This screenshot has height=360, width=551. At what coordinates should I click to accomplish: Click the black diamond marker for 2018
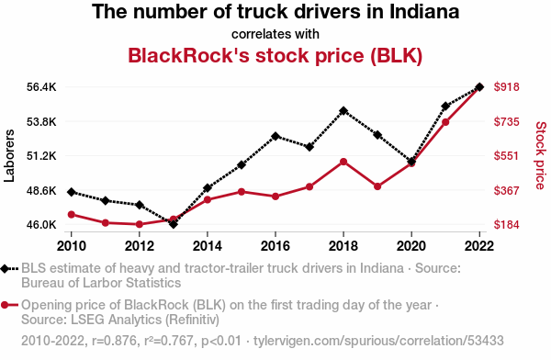tap(343, 111)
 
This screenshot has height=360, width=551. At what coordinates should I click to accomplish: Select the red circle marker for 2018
tap(343, 162)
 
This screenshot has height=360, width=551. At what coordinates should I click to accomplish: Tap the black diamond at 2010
tap(72, 192)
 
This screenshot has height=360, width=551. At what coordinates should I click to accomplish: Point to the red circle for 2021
tap(445, 122)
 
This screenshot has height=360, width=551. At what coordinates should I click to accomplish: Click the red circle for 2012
tap(140, 224)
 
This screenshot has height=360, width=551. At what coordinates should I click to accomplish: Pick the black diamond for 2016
tap(275, 136)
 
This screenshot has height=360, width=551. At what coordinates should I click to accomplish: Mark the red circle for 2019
tap(377, 186)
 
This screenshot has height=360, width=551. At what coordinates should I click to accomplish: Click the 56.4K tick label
tap(41, 87)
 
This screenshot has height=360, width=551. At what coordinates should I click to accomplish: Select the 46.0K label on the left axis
tap(41, 224)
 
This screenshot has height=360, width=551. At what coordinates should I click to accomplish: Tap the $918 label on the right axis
tap(506, 87)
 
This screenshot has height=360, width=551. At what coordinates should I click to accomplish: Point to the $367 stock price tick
tap(506, 190)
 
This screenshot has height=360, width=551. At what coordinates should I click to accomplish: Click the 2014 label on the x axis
tap(208, 246)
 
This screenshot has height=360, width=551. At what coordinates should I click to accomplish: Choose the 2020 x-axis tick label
tap(411, 246)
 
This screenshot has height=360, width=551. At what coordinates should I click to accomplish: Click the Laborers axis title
tap(9, 156)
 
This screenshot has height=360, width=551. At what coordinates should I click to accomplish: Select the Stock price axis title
tap(541, 155)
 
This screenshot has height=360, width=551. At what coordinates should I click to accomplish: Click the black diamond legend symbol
tap(5, 269)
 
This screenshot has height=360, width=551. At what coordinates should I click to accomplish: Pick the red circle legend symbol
tap(5, 305)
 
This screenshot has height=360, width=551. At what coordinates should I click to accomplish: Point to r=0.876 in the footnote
tap(115, 341)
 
